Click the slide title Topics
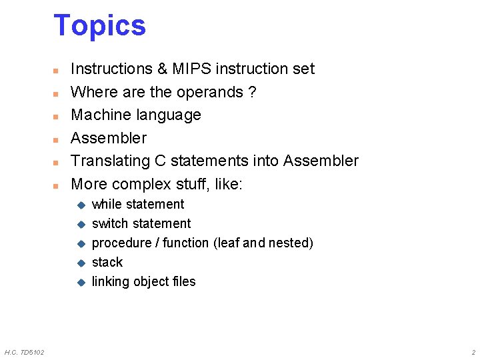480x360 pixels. [x=99, y=25]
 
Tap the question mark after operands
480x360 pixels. [x=251, y=92]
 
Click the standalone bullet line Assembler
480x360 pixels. [x=109, y=138]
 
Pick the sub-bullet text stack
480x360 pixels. [x=107, y=262]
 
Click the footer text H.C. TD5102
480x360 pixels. [x=24, y=352]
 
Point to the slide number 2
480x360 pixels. [x=473, y=352]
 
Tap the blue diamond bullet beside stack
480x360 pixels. [x=80, y=263]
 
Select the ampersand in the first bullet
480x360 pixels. [x=161, y=69]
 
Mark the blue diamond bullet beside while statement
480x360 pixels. [x=80, y=205]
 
